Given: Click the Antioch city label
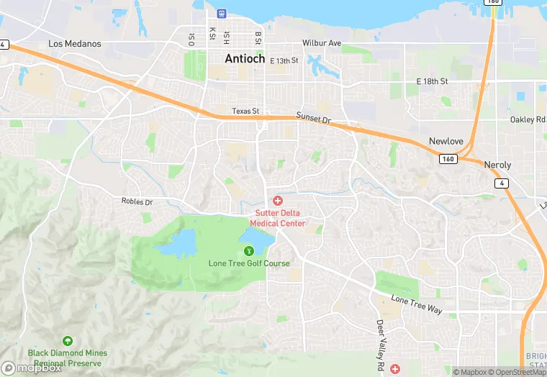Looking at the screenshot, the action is tap(245, 59).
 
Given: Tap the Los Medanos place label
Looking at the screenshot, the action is tap(75, 44).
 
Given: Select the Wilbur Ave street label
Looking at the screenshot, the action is tap(322, 43).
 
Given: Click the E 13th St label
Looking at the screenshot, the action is tap(284, 61).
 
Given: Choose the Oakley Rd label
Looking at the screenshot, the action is tap(528, 120).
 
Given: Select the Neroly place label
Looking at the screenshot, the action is tap(497, 165).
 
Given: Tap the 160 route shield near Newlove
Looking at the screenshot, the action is tap(448, 158).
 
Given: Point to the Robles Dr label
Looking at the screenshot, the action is tap(137, 202).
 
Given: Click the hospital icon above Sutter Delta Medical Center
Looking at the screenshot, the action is tap(278, 200).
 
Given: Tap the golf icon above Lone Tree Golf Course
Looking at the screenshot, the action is tap(249, 250).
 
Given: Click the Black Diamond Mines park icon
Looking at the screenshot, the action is tap(68, 340).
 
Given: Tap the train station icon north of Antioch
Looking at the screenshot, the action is tap(221, 13).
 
